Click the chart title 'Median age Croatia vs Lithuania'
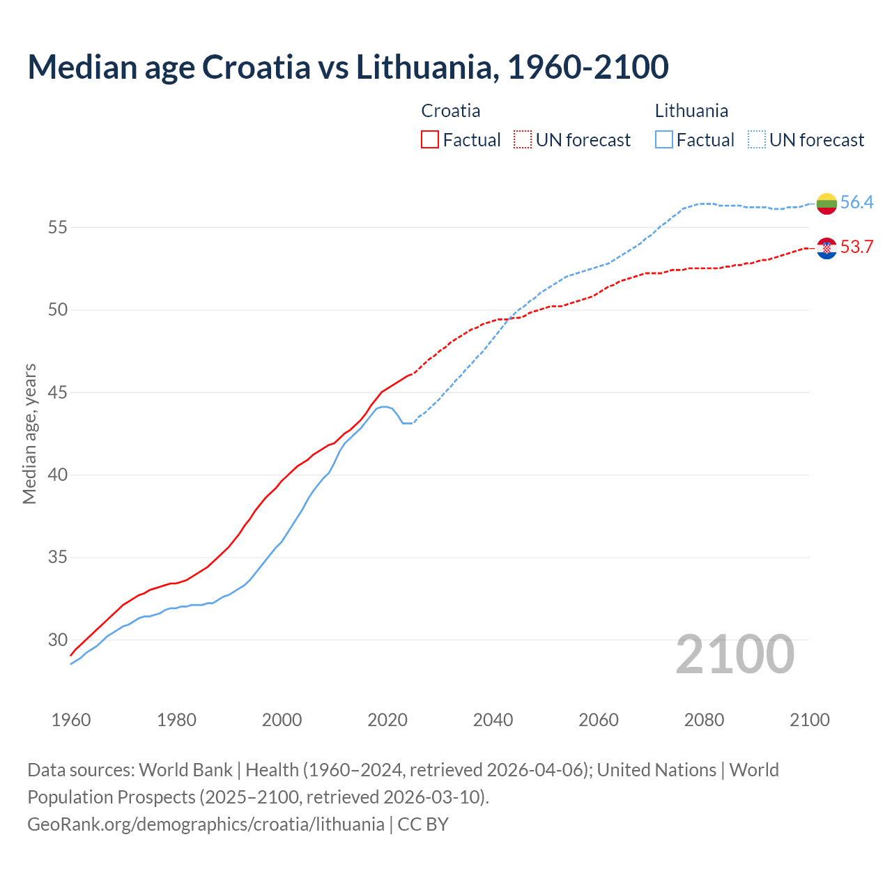(348, 67)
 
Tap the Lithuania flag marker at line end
(826, 203)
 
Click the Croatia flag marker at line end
(826, 248)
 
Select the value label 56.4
(856, 203)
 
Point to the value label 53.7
(856, 247)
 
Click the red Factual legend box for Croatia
(430, 140)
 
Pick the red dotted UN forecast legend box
(523, 140)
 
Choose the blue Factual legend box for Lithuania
(664, 140)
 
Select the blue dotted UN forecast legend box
(757, 140)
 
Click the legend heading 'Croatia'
(451, 111)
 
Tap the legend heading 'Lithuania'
(691, 111)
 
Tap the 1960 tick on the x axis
(71, 720)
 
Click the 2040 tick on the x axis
(493, 720)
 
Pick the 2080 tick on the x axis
(704, 720)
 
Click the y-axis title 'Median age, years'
(29, 433)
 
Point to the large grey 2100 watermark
(735, 654)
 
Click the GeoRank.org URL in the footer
(206, 824)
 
